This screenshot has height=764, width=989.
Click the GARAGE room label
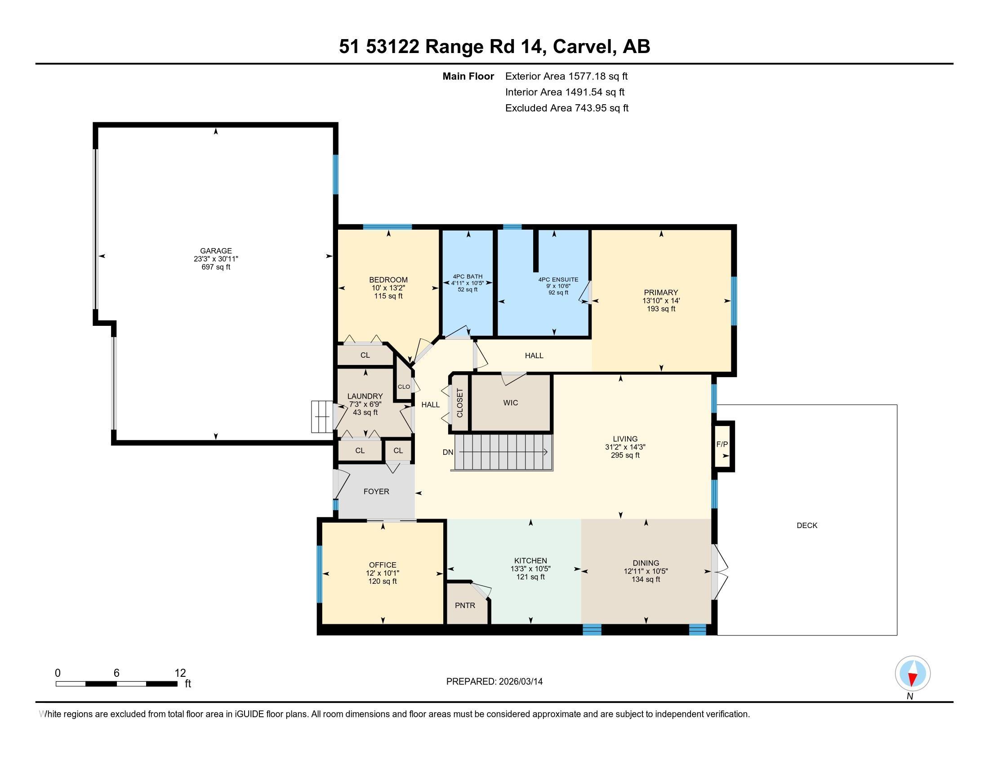pyautogui.click(x=216, y=251)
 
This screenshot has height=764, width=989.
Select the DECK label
pyautogui.click(x=807, y=525)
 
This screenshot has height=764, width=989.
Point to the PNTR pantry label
pyautogui.click(x=465, y=605)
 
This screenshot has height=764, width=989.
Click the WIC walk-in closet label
pyautogui.click(x=510, y=403)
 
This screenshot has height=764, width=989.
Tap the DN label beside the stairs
pyautogui.click(x=448, y=452)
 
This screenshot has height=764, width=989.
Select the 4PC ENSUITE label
pyautogui.click(x=558, y=280)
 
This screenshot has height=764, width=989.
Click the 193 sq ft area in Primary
pyautogui.click(x=661, y=309)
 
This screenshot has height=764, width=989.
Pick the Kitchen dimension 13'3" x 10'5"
pyautogui.click(x=531, y=569)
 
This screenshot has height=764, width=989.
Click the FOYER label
pyautogui.click(x=376, y=492)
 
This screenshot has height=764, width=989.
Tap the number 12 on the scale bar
pyautogui.click(x=180, y=673)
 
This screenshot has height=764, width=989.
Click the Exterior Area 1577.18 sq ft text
pyautogui.click(x=566, y=76)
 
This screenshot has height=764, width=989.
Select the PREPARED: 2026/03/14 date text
pyautogui.click(x=494, y=682)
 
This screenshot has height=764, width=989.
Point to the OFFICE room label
pyautogui.click(x=383, y=565)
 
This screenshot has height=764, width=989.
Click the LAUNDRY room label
pyautogui.click(x=365, y=396)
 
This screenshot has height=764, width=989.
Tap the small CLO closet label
pyautogui.click(x=404, y=387)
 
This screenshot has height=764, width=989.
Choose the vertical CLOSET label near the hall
pyautogui.click(x=460, y=403)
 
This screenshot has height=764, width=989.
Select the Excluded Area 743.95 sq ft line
pyautogui.click(x=567, y=108)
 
